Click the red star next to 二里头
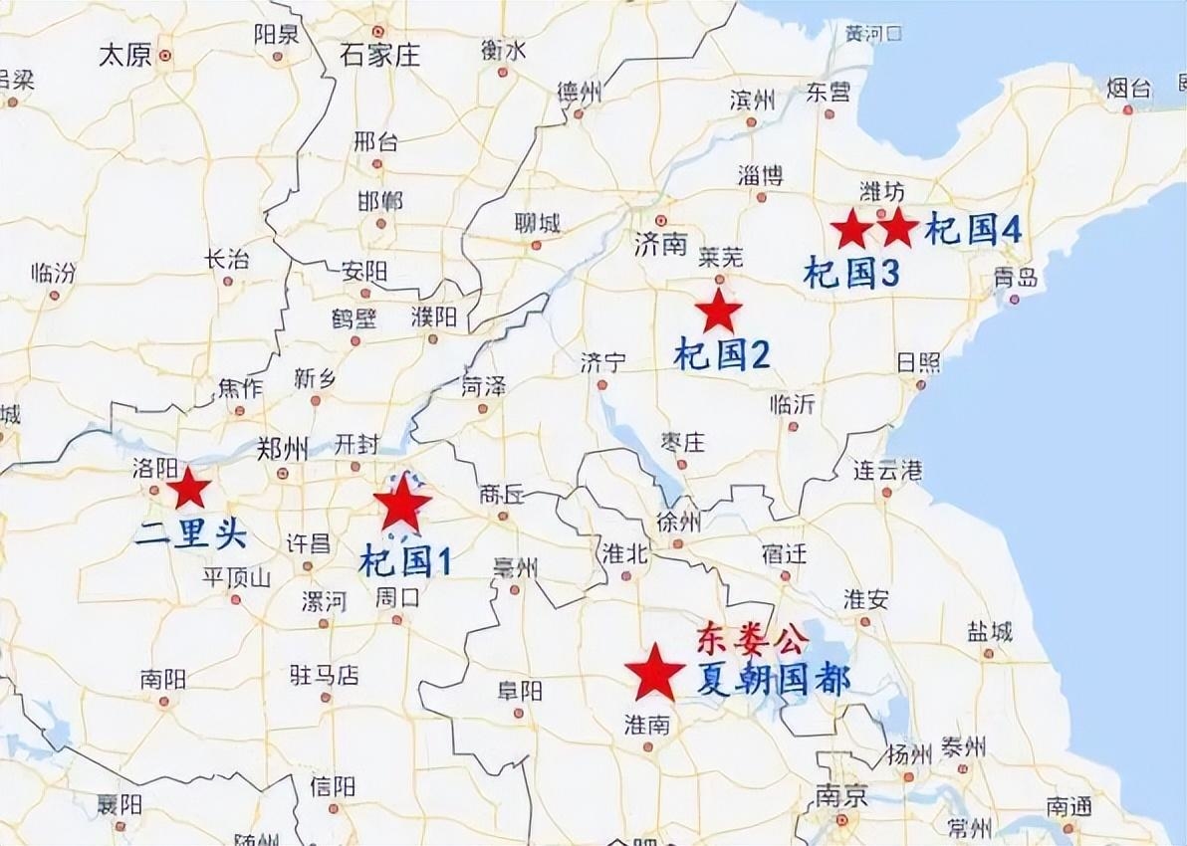(x=187, y=489)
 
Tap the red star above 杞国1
(x=401, y=506)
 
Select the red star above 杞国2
(x=718, y=312)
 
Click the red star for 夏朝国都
(x=654, y=673)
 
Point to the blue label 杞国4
(x=973, y=230)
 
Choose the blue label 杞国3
(x=852, y=272)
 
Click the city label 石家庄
(x=379, y=54)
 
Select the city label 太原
(x=124, y=55)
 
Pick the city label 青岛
(x=1016, y=278)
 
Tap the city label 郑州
(x=282, y=448)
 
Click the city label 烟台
(x=1128, y=89)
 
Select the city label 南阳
(x=163, y=680)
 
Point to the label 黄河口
(x=873, y=34)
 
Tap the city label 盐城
(x=989, y=631)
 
